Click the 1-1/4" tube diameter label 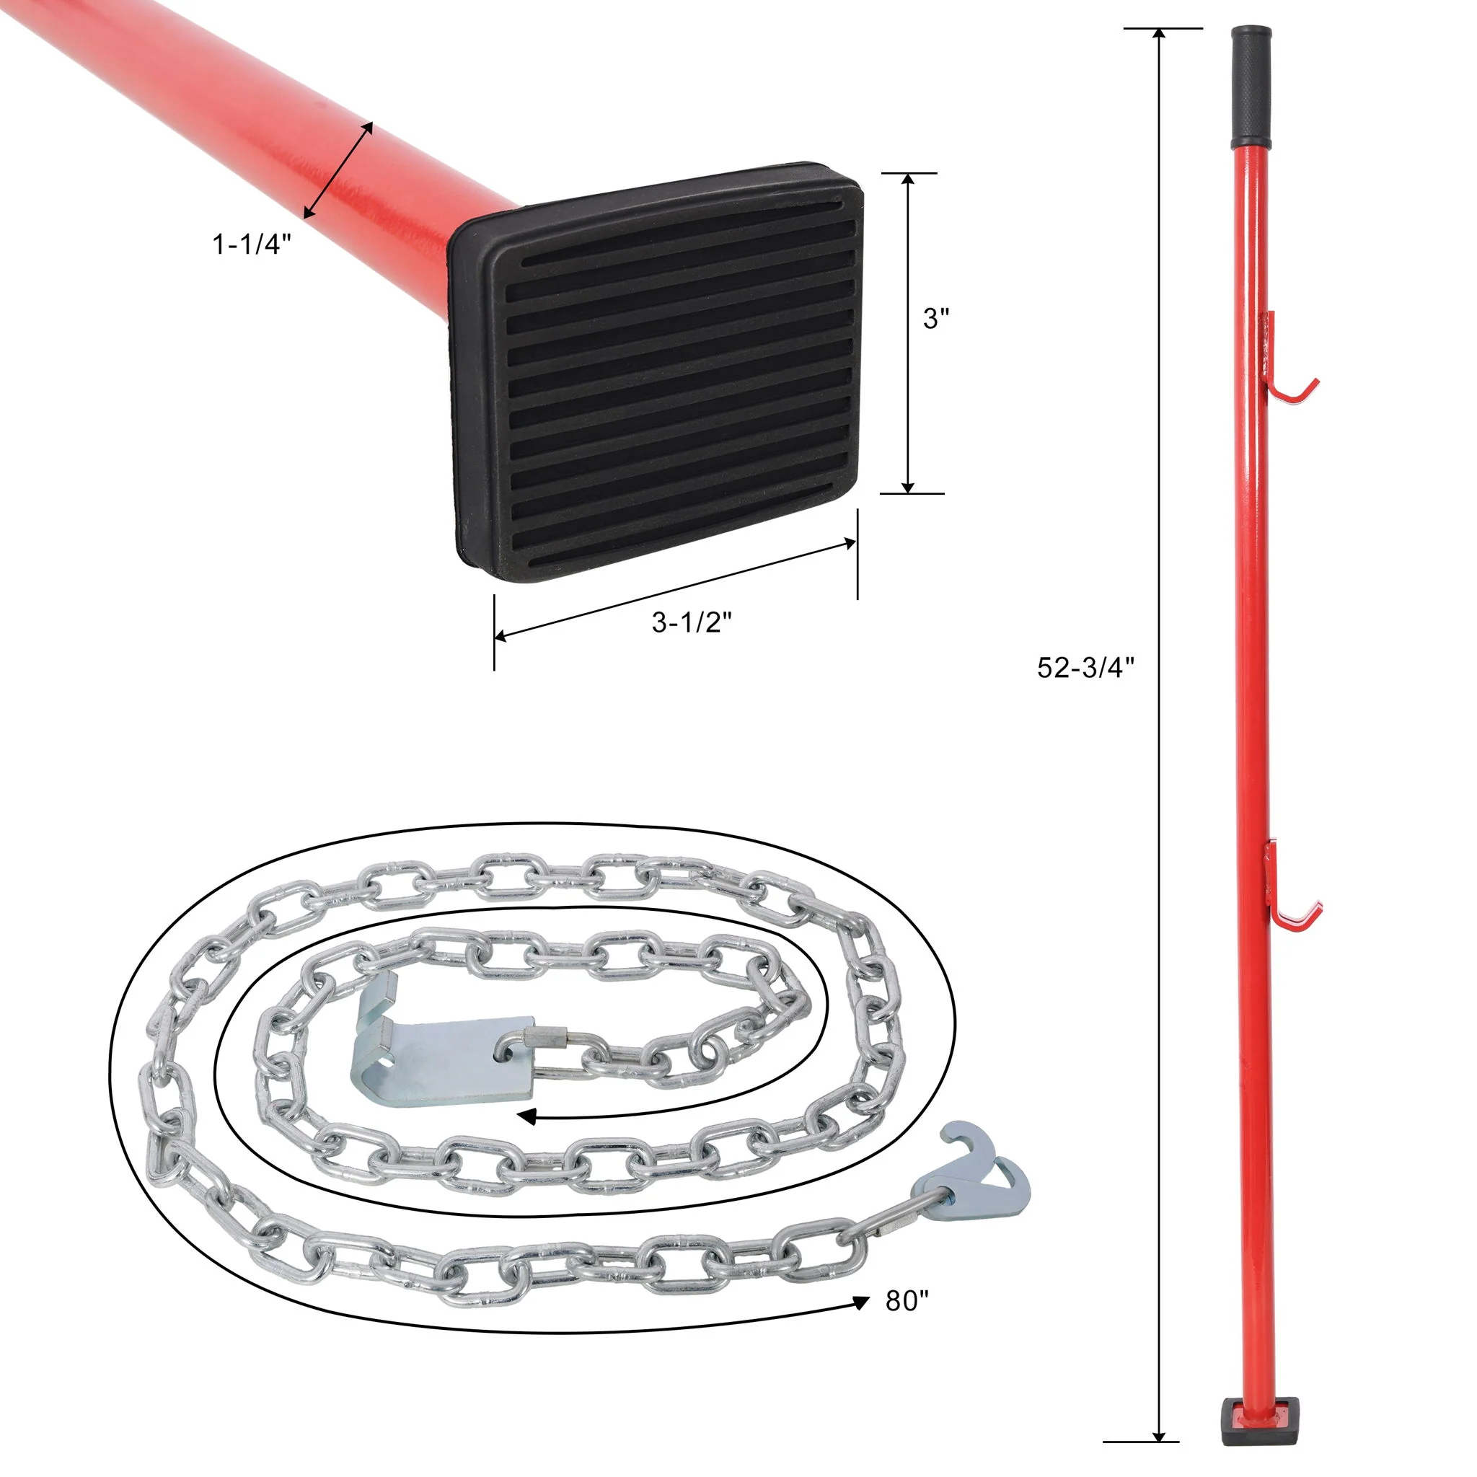[x=252, y=244]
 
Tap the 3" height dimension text [x=935, y=319]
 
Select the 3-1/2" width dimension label [x=691, y=622]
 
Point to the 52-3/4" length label [x=1085, y=668]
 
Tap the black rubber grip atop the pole [x=1251, y=88]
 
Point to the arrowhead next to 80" [x=862, y=1302]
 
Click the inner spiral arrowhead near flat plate [x=526, y=1118]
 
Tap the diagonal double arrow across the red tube [x=339, y=169]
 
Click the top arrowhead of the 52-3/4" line [x=1160, y=35]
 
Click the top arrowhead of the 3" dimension [x=907, y=180]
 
